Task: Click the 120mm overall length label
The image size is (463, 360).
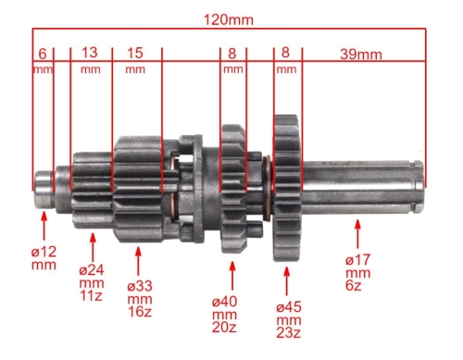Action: coord(229,20)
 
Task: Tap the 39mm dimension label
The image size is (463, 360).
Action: coord(361,55)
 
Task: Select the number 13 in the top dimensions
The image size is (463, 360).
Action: coord(90,53)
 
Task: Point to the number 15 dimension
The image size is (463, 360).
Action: coord(135,53)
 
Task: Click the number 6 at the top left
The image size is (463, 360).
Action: coord(43,54)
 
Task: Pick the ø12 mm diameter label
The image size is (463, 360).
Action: coord(44,258)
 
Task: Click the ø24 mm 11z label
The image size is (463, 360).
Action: coord(92,283)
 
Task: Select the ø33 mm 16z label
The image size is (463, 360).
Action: coord(140,299)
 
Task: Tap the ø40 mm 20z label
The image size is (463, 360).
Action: coord(224,315)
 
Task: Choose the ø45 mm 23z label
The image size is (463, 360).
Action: coord(289,320)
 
